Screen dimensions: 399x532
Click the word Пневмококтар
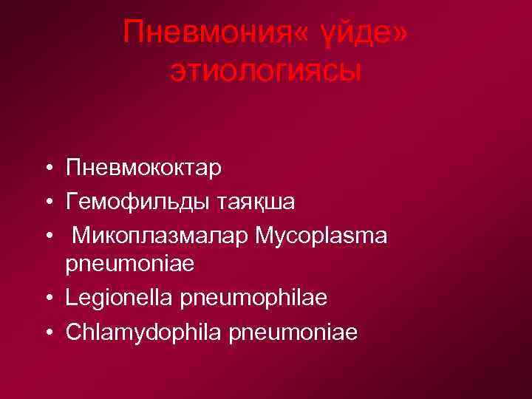(x=143, y=168)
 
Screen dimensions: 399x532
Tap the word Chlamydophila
(x=144, y=332)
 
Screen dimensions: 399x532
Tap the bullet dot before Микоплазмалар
(x=47, y=235)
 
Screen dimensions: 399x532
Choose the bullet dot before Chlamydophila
(x=47, y=332)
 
